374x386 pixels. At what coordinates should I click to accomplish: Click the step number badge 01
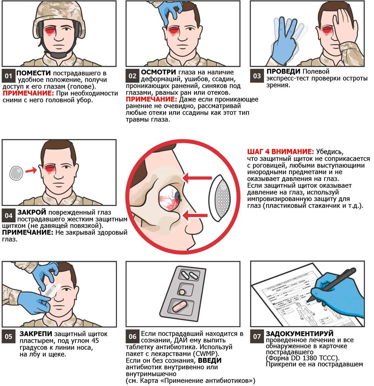pyautogui.click(x=9, y=75)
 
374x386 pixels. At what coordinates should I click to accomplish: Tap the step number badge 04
pyautogui.click(x=9, y=216)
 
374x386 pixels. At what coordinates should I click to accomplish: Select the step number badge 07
pyautogui.click(x=257, y=337)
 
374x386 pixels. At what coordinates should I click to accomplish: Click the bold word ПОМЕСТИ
pyautogui.click(x=34, y=73)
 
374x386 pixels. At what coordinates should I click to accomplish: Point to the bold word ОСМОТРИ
pyautogui.click(x=158, y=72)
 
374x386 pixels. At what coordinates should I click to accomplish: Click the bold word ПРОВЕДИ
pyautogui.click(x=284, y=71)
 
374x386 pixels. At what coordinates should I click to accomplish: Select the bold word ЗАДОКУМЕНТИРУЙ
pyautogui.click(x=300, y=334)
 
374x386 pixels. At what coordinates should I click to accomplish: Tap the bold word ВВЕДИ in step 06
pyautogui.click(x=210, y=360)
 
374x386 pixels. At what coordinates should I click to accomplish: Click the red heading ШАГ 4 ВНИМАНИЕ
pyautogui.click(x=280, y=151)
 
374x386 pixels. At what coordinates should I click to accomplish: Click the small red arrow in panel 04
pyautogui.click(x=31, y=170)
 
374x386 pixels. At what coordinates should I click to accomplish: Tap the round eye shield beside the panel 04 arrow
pyautogui.click(x=16, y=173)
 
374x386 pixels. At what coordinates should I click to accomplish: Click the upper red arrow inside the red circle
pyautogui.click(x=197, y=178)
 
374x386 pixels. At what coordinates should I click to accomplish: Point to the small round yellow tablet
pyautogui.click(x=182, y=291)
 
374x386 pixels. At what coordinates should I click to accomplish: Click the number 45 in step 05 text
pyautogui.click(x=95, y=341)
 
